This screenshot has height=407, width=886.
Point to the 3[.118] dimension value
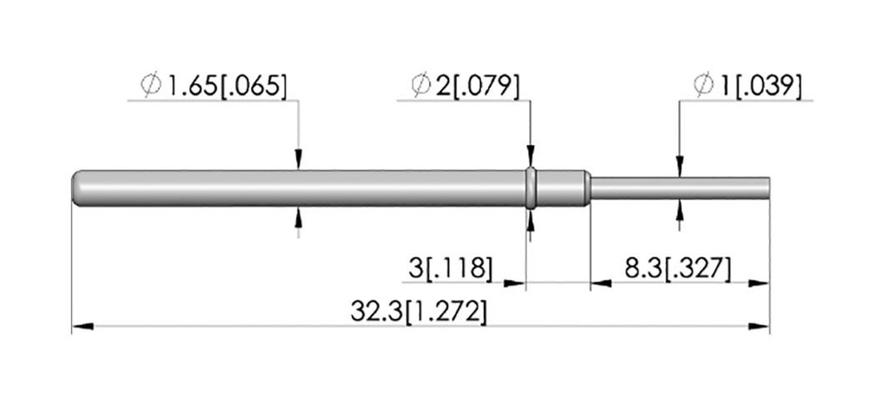coord(450,268)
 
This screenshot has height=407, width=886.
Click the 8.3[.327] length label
coord(677,268)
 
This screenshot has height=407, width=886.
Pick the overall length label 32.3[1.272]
coord(418,312)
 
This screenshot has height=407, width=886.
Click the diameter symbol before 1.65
coord(151,86)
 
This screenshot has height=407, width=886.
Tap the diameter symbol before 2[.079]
coord(421,86)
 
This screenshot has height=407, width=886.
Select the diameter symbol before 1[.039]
coord(704,86)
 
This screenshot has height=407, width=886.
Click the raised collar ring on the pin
coord(530,188)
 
